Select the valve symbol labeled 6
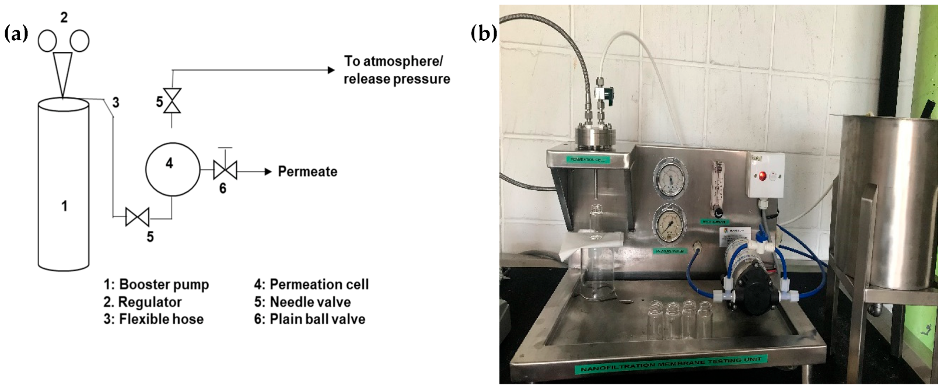225,171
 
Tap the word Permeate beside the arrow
307,171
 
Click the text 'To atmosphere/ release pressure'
396,70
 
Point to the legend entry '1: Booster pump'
156,285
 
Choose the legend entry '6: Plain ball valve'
309,319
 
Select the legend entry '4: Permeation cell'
311,285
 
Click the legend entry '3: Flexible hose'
153,319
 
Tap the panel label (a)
16,34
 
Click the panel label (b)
484,34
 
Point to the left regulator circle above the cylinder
47,41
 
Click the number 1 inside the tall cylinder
64,206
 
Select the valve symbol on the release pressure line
172,101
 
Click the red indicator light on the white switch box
762,176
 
